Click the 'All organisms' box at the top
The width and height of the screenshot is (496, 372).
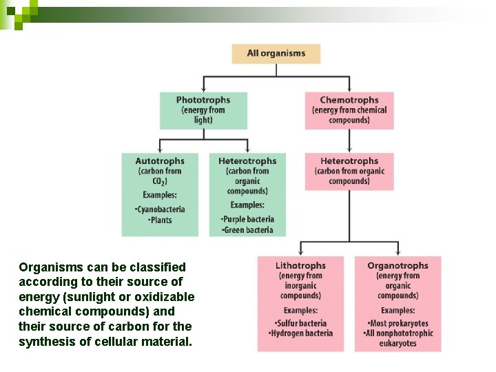pyautogui.click(x=276, y=54)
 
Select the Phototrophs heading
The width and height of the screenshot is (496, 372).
pyautogui.click(x=203, y=100)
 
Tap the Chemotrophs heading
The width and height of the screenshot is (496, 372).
pyautogui.click(x=349, y=100)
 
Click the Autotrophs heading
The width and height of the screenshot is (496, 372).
pyautogui.click(x=160, y=161)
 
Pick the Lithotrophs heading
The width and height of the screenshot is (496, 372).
pyautogui.click(x=300, y=265)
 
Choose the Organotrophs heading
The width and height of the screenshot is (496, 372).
pyautogui.click(x=397, y=265)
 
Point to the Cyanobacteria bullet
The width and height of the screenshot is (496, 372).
pyautogui.click(x=161, y=209)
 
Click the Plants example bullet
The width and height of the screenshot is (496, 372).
pyautogui.click(x=160, y=220)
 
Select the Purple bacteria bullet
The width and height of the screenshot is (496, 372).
pyautogui.click(x=247, y=220)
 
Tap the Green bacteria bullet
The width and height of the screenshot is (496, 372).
pyautogui.click(x=248, y=230)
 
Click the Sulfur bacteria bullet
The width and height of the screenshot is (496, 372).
pyautogui.click(x=300, y=323)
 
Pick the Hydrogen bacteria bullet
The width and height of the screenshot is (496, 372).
pyautogui.click(x=300, y=333)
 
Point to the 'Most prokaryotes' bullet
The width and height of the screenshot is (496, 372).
pyautogui.click(x=397, y=323)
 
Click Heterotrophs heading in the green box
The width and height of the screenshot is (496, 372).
pyautogui.click(x=247, y=161)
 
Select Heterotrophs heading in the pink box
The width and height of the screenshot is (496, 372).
pyautogui.click(x=349, y=161)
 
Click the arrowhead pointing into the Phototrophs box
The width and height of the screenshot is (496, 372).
pyautogui.click(x=203, y=89)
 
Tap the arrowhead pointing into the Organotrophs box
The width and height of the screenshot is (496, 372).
pyautogui.click(x=397, y=253)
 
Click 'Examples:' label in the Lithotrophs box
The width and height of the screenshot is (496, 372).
pyautogui.click(x=300, y=311)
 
